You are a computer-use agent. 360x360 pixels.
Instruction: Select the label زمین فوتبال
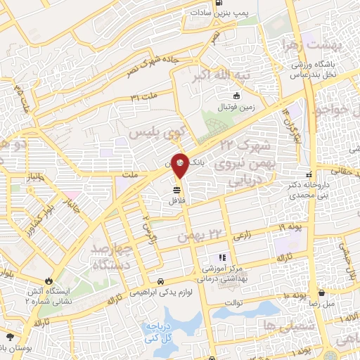[x=243, y=108]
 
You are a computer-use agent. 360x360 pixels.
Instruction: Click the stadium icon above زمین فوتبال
[x=237, y=96]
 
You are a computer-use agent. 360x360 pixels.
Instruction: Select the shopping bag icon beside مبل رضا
[x=321, y=292]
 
